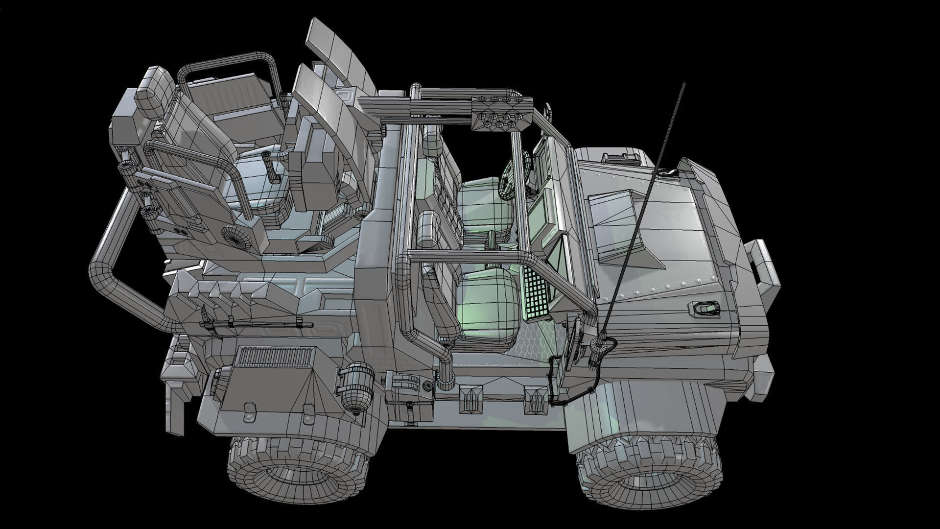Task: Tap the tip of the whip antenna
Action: [x=683, y=84]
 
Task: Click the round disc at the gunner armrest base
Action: [x=238, y=235]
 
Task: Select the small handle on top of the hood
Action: [x=622, y=157]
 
